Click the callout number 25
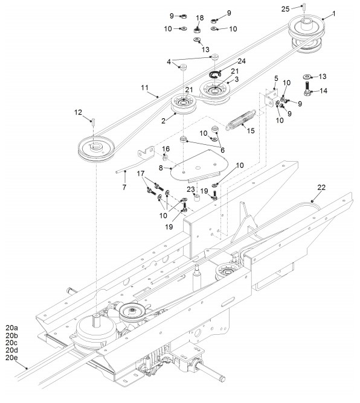pos(285,9)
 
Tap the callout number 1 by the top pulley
pos(334,13)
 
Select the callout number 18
pos(200,17)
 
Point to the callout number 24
pos(242,61)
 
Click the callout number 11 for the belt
pos(145,87)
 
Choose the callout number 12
pos(79,112)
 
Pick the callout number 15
pos(251,130)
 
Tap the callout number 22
pos(321,188)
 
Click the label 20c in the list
pos(11,343)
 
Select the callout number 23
pos(191,189)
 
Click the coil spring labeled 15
pos(241,120)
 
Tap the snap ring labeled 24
pos(216,75)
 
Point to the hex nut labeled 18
pos(197,30)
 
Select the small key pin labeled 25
pos(303,7)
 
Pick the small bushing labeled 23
pos(197,198)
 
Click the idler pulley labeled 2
pos(184,104)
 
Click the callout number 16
pos(166,149)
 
